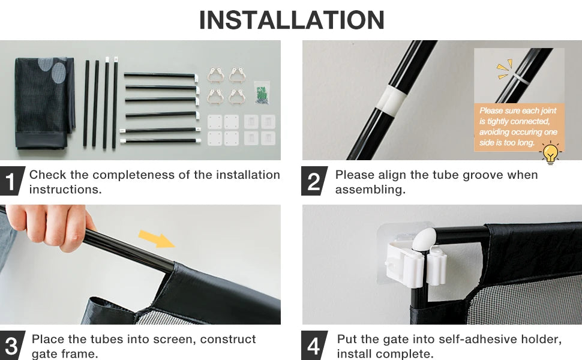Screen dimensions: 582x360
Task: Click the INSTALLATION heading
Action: pyautogui.click(x=292, y=20)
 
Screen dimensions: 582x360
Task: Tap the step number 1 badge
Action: pyautogui.click(x=12, y=181)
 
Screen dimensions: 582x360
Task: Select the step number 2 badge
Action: pyautogui.click(x=314, y=181)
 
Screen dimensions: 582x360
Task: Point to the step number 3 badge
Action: pyautogui.click(x=12, y=345)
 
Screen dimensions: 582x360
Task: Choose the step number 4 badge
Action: pyautogui.click(x=314, y=345)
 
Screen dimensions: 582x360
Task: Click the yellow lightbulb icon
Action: pyautogui.click(x=550, y=153)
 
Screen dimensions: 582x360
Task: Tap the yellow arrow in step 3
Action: pyautogui.click(x=156, y=239)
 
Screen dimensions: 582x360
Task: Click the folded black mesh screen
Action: pyautogui.click(x=44, y=103)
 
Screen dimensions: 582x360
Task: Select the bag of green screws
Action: pyautogui.click(x=262, y=93)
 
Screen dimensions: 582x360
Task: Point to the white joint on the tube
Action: pyautogui.click(x=391, y=99)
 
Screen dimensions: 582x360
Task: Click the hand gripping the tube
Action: pyautogui.click(x=50, y=226)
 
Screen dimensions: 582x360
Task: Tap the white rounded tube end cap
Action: pyautogui.click(x=425, y=238)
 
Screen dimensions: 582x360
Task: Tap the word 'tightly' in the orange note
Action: pyautogui.click(x=498, y=121)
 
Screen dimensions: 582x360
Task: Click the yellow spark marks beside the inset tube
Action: pyautogui.click(x=505, y=68)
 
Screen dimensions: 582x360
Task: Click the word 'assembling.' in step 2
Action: pyautogui.click(x=370, y=190)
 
